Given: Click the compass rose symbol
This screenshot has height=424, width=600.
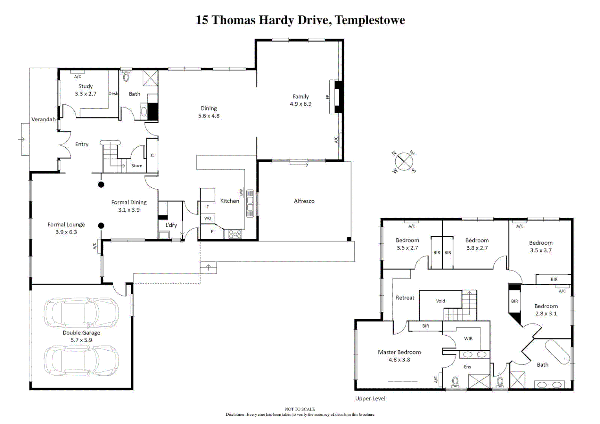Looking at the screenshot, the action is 404,162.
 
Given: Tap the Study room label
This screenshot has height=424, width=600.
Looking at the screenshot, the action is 85,86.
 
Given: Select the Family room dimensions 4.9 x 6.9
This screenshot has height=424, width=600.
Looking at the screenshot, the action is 301,104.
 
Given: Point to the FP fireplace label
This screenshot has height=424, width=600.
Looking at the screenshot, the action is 327,97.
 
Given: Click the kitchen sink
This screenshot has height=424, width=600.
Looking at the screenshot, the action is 250,203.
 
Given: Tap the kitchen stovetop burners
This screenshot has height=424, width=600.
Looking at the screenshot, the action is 235,234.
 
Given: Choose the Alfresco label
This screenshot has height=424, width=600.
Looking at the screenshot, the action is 304,201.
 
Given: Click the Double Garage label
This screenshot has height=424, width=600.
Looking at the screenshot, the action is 81,333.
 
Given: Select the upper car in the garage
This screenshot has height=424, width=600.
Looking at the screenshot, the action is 81,313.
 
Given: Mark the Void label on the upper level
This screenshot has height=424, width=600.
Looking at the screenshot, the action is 440,301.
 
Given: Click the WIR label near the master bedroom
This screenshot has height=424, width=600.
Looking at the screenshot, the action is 468,338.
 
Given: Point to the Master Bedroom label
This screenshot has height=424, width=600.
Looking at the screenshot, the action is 399,352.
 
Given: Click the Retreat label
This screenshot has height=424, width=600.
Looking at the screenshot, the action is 405,298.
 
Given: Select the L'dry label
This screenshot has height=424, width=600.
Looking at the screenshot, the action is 171,225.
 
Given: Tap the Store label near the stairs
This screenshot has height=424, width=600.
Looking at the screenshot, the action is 137,166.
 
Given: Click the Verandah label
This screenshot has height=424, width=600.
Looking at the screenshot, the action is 43,119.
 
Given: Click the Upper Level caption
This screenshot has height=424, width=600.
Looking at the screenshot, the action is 370,398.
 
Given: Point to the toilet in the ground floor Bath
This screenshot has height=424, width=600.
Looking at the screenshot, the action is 126,76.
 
